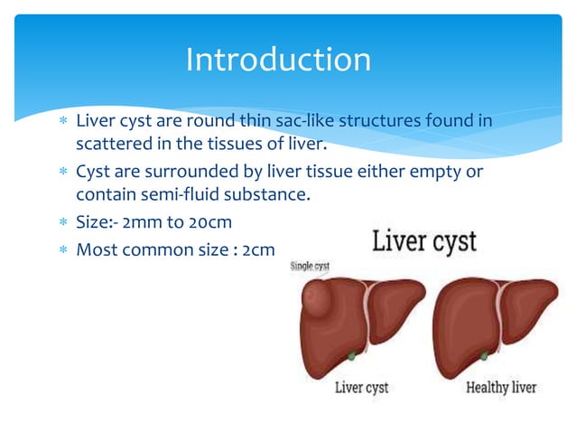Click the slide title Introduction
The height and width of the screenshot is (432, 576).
278,60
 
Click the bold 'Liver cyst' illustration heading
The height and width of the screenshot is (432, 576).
424,243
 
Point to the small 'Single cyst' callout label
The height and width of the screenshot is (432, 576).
309,267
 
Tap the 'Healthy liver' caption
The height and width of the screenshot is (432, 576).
501,388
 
